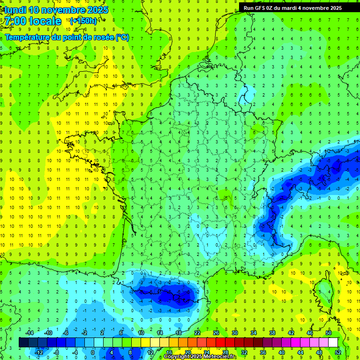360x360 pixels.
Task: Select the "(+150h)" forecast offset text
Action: pyautogui.click(x=83, y=21)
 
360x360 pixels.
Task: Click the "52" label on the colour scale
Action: pyautogui.click(x=338, y=352)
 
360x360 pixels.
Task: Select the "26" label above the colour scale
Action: pyautogui.click(x=216, y=333)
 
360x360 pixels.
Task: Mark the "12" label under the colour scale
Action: pyautogui.click(x=150, y=352)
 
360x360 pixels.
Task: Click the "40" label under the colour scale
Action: pyautogui.click(x=282, y=352)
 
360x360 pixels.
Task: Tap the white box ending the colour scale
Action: pyautogui.click(x=333, y=343)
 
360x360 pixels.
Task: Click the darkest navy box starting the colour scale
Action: pyautogui.click(x=23, y=343)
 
